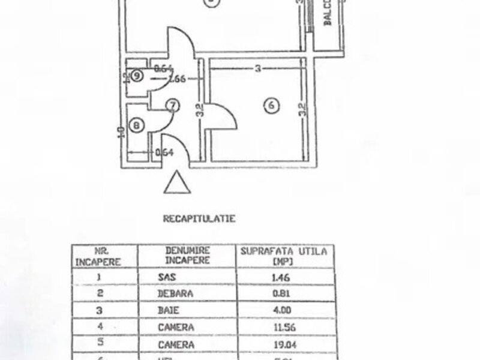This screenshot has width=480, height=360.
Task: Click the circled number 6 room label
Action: [x=271, y=105]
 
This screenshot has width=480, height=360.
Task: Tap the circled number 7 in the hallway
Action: [x=172, y=106]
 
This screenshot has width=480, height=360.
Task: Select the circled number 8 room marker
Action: [x=137, y=125]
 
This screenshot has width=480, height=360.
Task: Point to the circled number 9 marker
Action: [x=137, y=76]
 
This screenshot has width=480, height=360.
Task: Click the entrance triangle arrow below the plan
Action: [x=178, y=183]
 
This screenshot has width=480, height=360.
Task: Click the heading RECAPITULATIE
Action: [x=199, y=219]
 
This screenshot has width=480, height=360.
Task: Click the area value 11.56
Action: [x=282, y=328]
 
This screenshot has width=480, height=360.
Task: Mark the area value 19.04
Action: [x=282, y=345]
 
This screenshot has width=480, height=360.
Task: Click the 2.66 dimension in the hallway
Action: [x=176, y=78]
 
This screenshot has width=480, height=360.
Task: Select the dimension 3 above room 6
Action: [x=257, y=69]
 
